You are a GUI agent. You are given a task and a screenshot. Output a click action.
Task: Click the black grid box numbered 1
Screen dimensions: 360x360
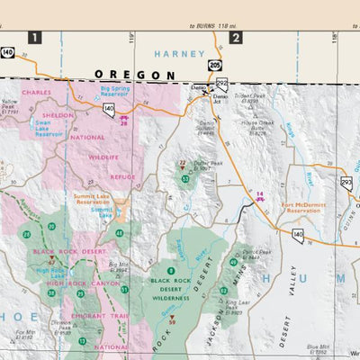[34, 37]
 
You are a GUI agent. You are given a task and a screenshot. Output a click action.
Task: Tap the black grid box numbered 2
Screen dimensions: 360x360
[235, 37]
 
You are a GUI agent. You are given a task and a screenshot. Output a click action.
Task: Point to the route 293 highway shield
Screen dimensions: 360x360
[346, 183]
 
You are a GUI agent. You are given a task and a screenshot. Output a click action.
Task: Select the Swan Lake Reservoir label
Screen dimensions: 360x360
[49, 126]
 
